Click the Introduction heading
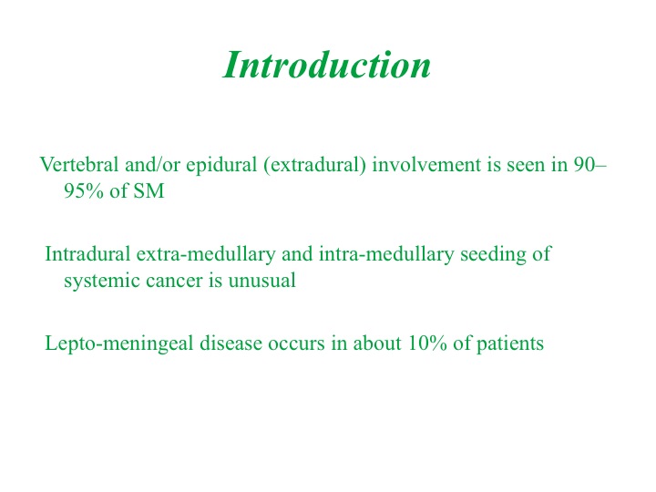327,65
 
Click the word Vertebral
79,164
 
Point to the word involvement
426,164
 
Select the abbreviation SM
149,190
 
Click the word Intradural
87,254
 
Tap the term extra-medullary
206,255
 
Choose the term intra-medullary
386,255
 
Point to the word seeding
493,255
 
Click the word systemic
102,282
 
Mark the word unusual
261,281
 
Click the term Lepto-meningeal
119,344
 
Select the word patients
510,344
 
